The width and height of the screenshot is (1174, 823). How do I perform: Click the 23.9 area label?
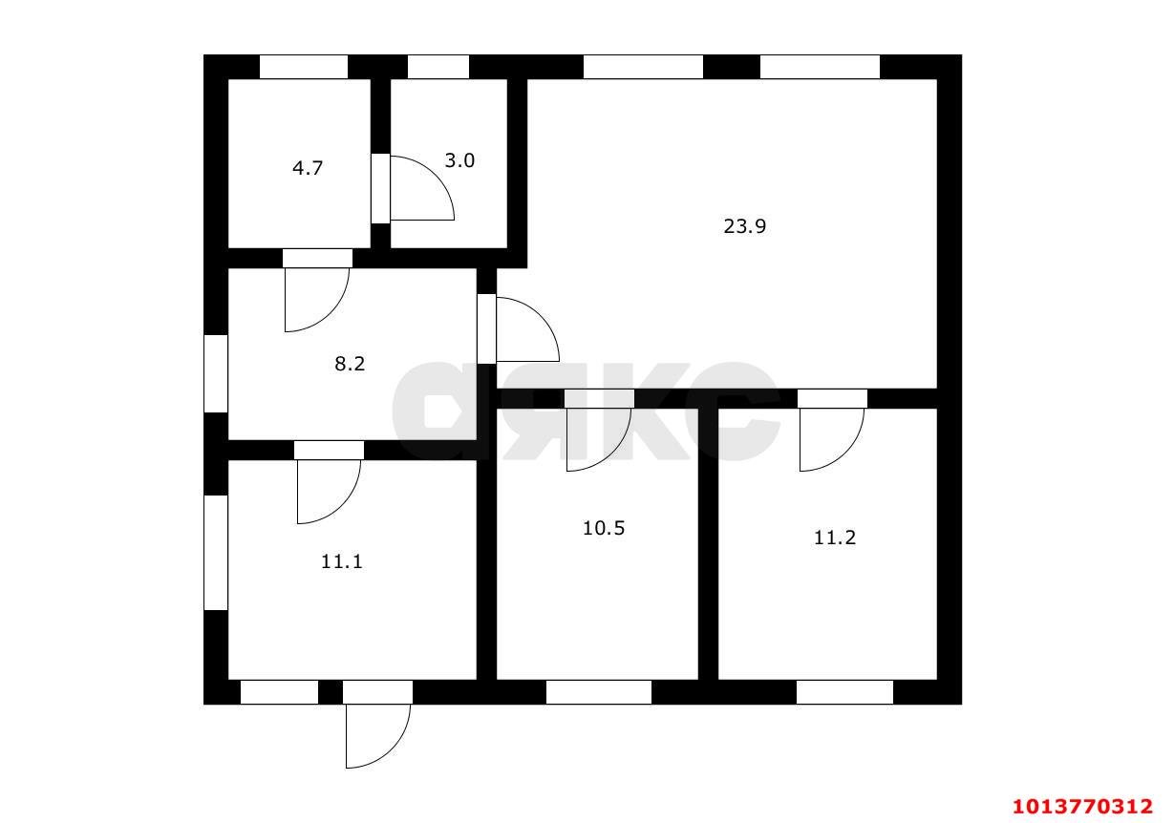click(744, 226)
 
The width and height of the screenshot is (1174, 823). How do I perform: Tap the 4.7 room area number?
click(308, 168)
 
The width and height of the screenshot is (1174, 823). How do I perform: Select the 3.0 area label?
click(459, 160)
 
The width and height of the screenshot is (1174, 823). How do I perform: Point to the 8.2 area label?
click(350, 364)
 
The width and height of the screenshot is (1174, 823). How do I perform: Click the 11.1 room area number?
click(342, 561)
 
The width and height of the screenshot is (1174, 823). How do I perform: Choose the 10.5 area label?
click(604, 528)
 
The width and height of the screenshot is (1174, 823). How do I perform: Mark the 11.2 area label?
click(835, 538)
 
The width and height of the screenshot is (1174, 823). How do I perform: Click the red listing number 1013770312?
click(1083, 806)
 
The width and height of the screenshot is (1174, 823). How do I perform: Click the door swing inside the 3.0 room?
click(436, 175)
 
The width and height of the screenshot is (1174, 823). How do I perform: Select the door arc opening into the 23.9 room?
click(541, 316)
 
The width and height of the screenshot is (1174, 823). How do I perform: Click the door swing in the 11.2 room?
click(845, 453)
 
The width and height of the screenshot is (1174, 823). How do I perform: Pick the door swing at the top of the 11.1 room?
click(342, 505)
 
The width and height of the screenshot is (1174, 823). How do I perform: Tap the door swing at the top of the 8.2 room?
click(331, 313)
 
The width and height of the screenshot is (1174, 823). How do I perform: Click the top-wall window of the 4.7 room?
click(304, 67)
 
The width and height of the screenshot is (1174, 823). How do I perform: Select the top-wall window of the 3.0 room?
click(438, 67)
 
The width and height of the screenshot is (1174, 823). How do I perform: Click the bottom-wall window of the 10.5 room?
click(599, 692)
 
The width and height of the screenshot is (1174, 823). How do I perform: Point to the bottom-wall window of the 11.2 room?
click(844, 692)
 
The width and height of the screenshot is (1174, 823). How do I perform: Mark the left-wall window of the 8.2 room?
click(216, 373)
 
